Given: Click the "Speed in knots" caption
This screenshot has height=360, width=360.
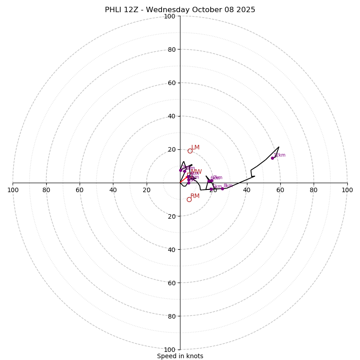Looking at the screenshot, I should (180, 356).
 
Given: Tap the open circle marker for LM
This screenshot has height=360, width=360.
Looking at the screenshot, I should (190, 151).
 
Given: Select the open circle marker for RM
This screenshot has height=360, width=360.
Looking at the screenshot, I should (189, 199).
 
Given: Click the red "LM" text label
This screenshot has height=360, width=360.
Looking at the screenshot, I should (195, 147).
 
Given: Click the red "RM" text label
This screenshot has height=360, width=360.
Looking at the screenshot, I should (195, 196).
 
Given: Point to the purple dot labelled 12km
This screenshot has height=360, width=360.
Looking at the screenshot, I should (272, 158).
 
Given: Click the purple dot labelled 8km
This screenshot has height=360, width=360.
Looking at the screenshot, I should (222, 189).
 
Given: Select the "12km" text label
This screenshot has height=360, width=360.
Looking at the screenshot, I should (279, 155).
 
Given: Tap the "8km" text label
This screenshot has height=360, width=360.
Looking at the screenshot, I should (228, 185).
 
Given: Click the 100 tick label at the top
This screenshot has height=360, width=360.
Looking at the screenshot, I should (169, 16).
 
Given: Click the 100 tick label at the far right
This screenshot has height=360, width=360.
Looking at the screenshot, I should (347, 190).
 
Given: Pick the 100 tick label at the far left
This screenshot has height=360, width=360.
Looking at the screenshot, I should (13, 190).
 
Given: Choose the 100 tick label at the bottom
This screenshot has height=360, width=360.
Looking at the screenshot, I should (169, 349).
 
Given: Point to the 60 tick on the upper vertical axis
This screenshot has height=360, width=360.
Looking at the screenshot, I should (171, 83).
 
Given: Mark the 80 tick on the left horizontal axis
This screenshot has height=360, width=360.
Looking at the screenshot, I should (46, 190).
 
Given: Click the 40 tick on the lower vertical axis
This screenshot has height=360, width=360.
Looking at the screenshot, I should (171, 249).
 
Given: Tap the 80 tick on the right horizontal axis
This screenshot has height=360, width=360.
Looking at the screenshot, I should (314, 190).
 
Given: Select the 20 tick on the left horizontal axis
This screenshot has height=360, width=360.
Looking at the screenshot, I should (147, 190).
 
